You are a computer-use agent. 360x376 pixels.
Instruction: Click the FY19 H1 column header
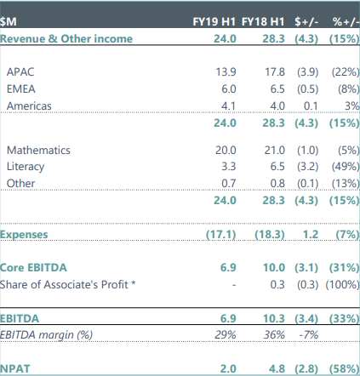click(x=214, y=21)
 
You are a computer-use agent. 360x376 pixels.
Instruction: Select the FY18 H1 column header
click(x=263, y=21)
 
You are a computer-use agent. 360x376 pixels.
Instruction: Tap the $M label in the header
click(x=9, y=22)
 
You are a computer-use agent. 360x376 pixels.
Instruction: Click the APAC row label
click(x=20, y=71)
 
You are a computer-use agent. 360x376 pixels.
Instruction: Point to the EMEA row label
click(x=21, y=88)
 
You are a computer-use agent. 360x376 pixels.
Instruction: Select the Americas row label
click(x=29, y=105)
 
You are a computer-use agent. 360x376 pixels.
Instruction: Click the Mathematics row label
click(x=38, y=150)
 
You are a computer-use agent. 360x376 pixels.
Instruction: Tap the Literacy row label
click(x=26, y=167)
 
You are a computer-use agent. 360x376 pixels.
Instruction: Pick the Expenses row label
click(x=24, y=235)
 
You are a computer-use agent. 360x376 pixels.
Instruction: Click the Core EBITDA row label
click(x=33, y=267)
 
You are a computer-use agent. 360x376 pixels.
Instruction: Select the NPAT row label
click(x=15, y=368)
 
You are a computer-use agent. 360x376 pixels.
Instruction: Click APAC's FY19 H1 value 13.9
click(x=226, y=71)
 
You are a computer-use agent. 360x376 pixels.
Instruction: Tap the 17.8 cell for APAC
click(x=275, y=71)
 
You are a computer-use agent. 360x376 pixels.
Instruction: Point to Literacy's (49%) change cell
click(x=346, y=166)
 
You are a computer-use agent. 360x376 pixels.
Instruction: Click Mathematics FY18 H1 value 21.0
click(x=275, y=150)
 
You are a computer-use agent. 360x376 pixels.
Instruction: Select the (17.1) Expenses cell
click(x=221, y=235)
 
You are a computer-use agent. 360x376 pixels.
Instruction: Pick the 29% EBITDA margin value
click(x=226, y=335)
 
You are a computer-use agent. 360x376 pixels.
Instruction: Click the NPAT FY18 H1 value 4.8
click(x=277, y=368)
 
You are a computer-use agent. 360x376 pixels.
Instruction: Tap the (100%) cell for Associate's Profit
click(x=342, y=284)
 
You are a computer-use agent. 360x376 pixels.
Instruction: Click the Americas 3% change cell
click(x=352, y=105)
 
